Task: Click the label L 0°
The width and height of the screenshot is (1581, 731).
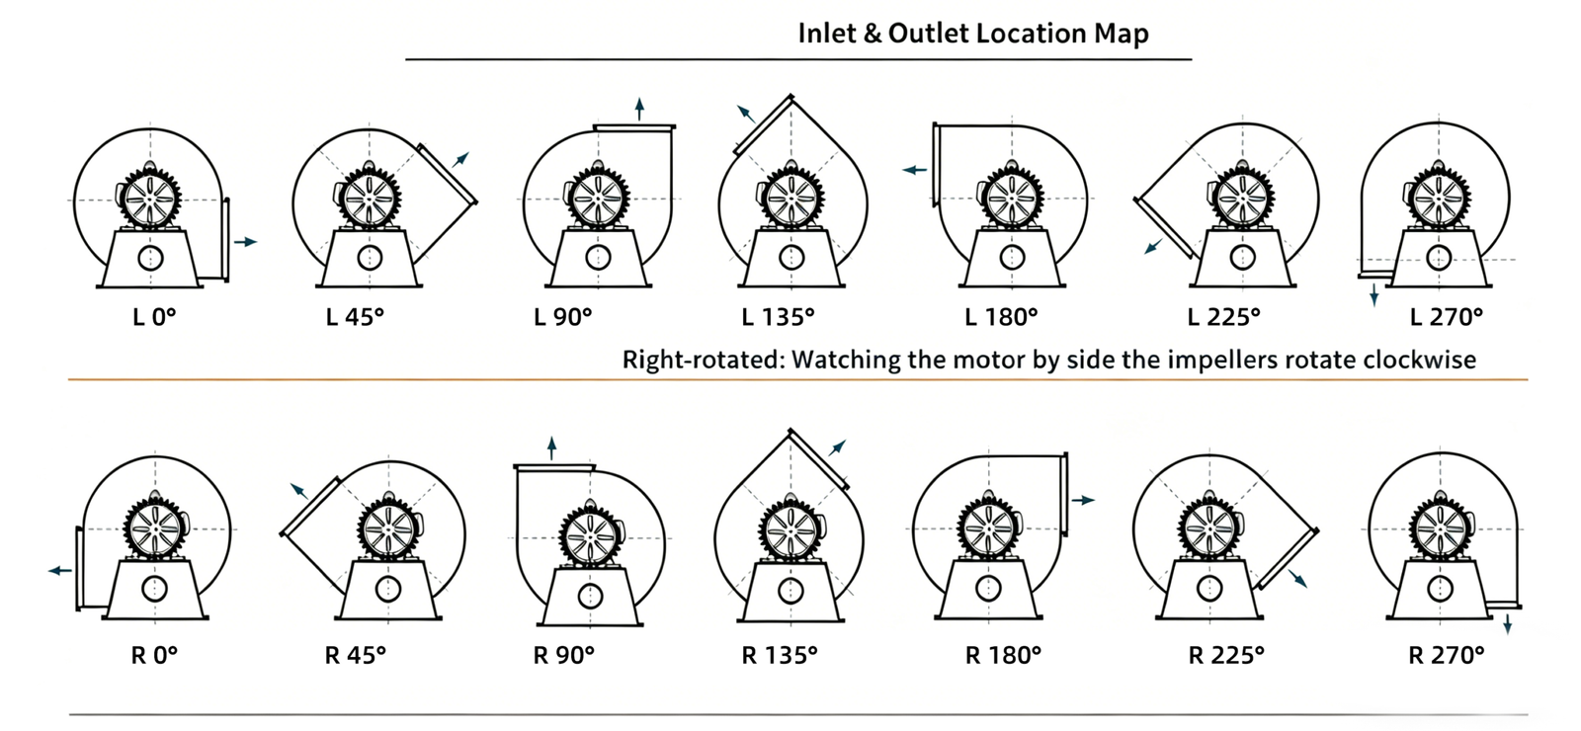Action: pos(154,317)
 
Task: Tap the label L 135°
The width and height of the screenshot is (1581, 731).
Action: pos(779,317)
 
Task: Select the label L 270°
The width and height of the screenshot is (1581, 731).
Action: pos(1447,317)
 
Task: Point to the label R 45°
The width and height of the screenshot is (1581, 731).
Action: pos(356,655)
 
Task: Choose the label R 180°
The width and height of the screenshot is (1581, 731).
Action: pos(1004,655)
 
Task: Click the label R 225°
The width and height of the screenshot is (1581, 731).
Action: pos(1226,655)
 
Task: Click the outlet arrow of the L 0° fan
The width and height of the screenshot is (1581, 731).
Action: pos(245,242)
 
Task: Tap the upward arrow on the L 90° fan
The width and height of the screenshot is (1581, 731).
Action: pos(639,109)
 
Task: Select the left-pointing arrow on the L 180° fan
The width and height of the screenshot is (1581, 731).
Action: pos(914,170)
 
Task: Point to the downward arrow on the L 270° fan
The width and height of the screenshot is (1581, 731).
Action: pos(1374,294)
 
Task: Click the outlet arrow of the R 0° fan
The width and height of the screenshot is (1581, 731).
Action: pos(60,571)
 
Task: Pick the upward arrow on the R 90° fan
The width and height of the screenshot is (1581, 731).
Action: pos(551,447)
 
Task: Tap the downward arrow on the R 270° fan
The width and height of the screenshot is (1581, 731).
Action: pos(1508,624)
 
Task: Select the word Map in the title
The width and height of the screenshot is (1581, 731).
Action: pos(1122,34)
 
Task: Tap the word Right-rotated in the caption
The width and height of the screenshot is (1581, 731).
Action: pos(701,360)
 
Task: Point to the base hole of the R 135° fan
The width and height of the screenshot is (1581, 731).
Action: pos(790,591)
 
